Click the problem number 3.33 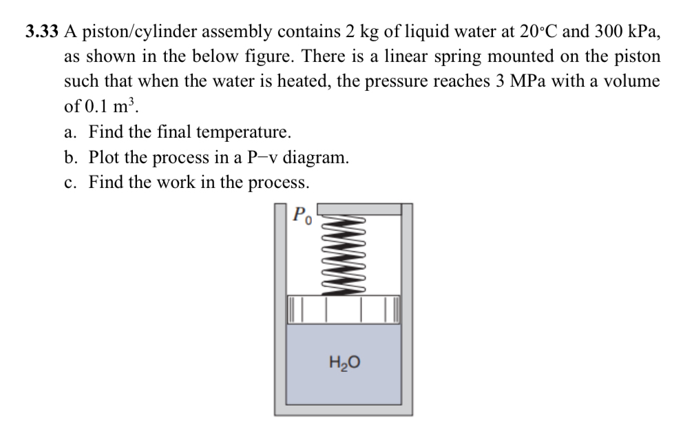pyautogui.click(x=41, y=31)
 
